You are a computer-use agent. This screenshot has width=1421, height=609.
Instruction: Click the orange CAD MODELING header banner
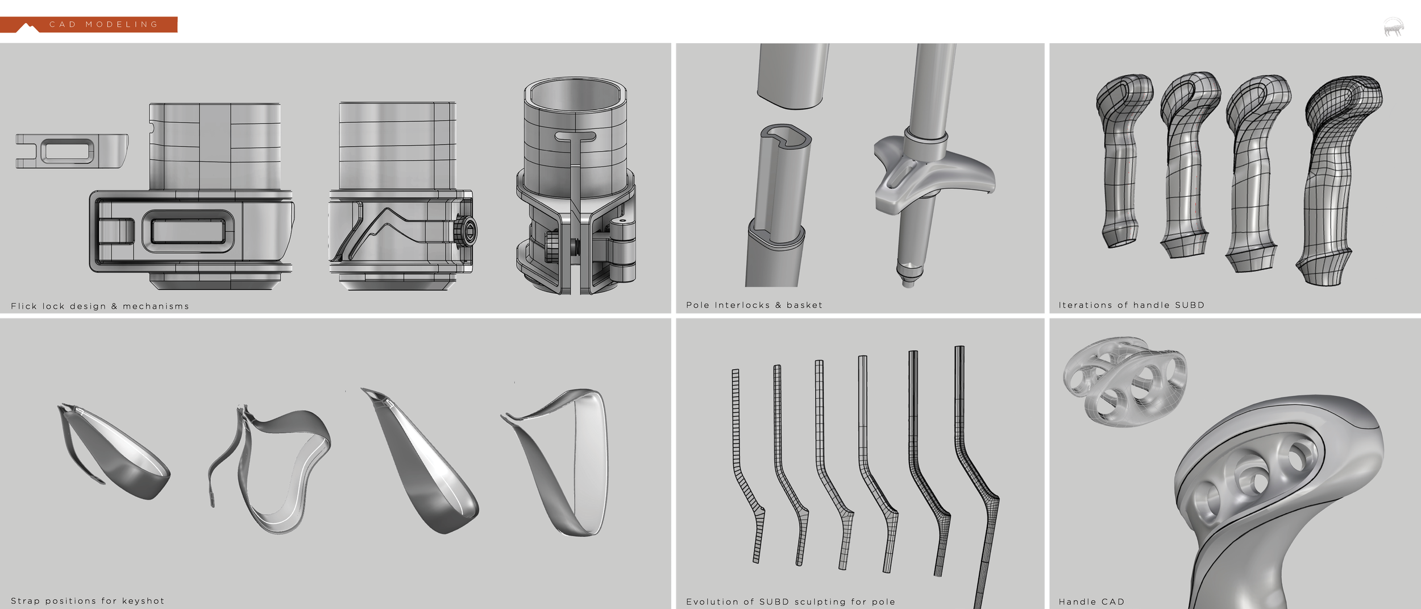coord(89,24)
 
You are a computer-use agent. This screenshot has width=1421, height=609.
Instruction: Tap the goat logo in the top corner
coord(1393,27)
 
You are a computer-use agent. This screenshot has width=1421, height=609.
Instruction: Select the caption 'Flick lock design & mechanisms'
coord(100,306)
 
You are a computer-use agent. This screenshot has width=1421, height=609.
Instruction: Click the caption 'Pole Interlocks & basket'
coord(754,305)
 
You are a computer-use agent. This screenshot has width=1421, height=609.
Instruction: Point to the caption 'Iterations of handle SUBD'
coord(1131,305)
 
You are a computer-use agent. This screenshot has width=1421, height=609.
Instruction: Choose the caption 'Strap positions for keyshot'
coord(88,600)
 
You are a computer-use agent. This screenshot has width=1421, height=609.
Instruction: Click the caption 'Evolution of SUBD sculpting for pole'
coord(791,602)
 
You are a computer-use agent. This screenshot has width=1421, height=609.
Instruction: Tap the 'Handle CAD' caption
coord(1091,602)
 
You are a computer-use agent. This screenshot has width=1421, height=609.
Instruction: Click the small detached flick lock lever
coord(72,151)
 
